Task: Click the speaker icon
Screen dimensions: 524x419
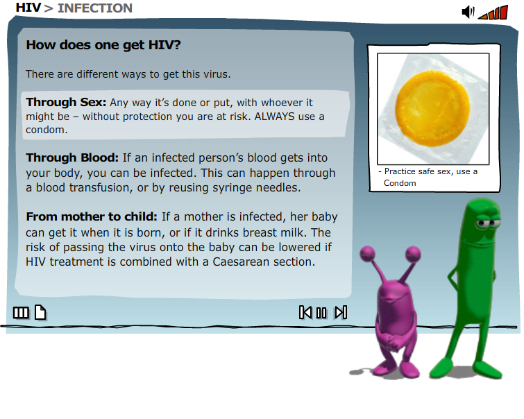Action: [x=468, y=12]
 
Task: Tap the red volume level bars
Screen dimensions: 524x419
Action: [x=493, y=12]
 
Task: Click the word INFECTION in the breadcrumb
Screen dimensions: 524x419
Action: [x=95, y=8]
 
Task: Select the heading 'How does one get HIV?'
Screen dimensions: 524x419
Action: [x=103, y=45]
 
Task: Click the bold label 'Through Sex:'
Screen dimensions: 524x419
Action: [x=66, y=102]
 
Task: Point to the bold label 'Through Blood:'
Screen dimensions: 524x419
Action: [x=72, y=157]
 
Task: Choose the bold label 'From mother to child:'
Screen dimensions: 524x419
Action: [x=92, y=216]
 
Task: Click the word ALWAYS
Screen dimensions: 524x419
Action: [x=274, y=117]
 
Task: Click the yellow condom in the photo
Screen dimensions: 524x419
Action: [x=432, y=109]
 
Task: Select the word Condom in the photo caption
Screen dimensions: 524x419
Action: [x=400, y=183]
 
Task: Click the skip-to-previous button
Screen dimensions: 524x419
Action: [x=305, y=313]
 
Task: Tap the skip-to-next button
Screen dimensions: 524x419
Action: [x=341, y=313]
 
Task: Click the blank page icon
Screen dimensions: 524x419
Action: [x=40, y=313]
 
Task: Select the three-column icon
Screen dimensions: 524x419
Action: [x=21, y=313]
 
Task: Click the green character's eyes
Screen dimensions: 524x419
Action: [x=487, y=223]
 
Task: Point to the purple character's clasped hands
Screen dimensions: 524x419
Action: [x=390, y=343]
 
